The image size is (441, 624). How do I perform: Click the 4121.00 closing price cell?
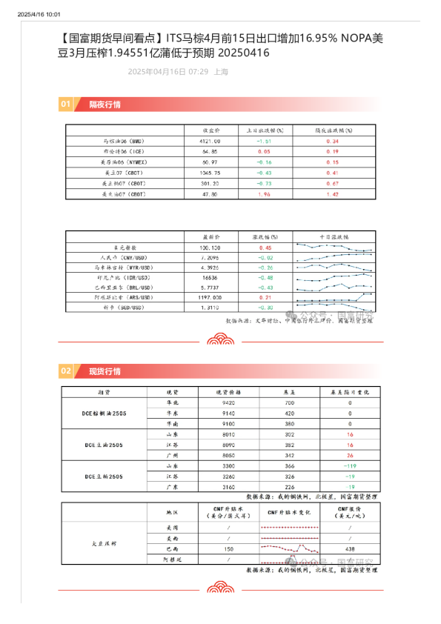(210, 140)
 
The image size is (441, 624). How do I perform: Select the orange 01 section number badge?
(66, 104)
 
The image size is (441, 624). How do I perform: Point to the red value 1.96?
(264, 193)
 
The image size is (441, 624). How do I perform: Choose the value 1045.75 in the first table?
(210, 172)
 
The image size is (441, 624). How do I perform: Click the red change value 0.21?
(265, 296)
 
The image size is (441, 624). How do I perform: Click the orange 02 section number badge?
(66, 371)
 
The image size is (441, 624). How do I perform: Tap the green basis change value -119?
(350, 465)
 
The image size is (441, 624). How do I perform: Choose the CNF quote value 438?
(349, 548)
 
